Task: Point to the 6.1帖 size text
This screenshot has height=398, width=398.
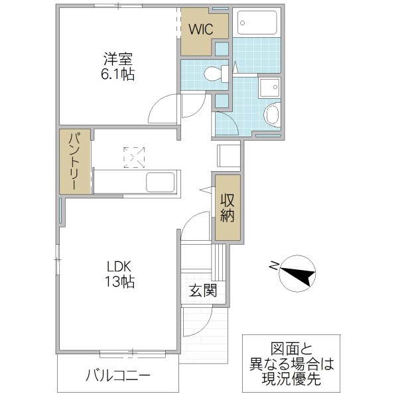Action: pyautogui.click(x=118, y=74)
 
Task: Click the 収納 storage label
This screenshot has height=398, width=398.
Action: pyautogui.click(x=228, y=207)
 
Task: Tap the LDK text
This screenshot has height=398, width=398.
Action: pyautogui.click(x=120, y=266)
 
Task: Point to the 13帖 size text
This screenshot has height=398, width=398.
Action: pyautogui.click(x=120, y=283)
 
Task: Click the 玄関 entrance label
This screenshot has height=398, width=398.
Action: pyautogui.click(x=202, y=291)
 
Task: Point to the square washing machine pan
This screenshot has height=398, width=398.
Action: pyautogui.click(x=269, y=88)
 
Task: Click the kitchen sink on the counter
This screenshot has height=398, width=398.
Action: pyautogui.click(x=159, y=182)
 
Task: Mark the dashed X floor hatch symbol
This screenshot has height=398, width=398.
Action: pyautogui.click(x=135, y=157)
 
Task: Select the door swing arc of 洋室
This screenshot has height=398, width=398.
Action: pyautogui.click(x=159, y=109)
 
